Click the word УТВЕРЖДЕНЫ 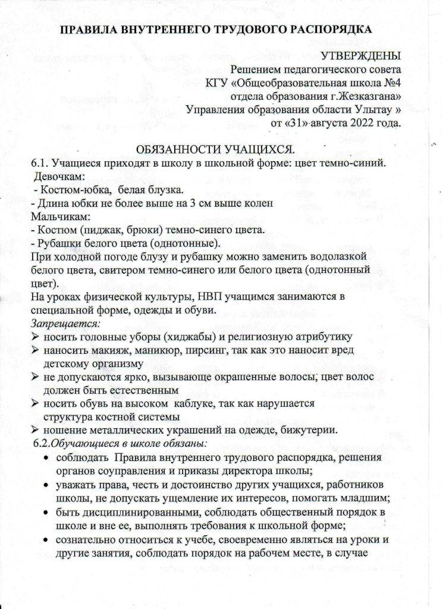pyautogui.click(x=361, y=56)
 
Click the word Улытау pyautogui.click(x=369, y=109)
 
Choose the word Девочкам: pyautogui.click(x=59, y=177)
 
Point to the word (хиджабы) pyautogui.click(x=178, y=337)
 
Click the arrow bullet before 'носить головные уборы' pyautogui.click(x=35, y=337)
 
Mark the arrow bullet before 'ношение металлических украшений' pyautogui.click(x=35, y=429)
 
